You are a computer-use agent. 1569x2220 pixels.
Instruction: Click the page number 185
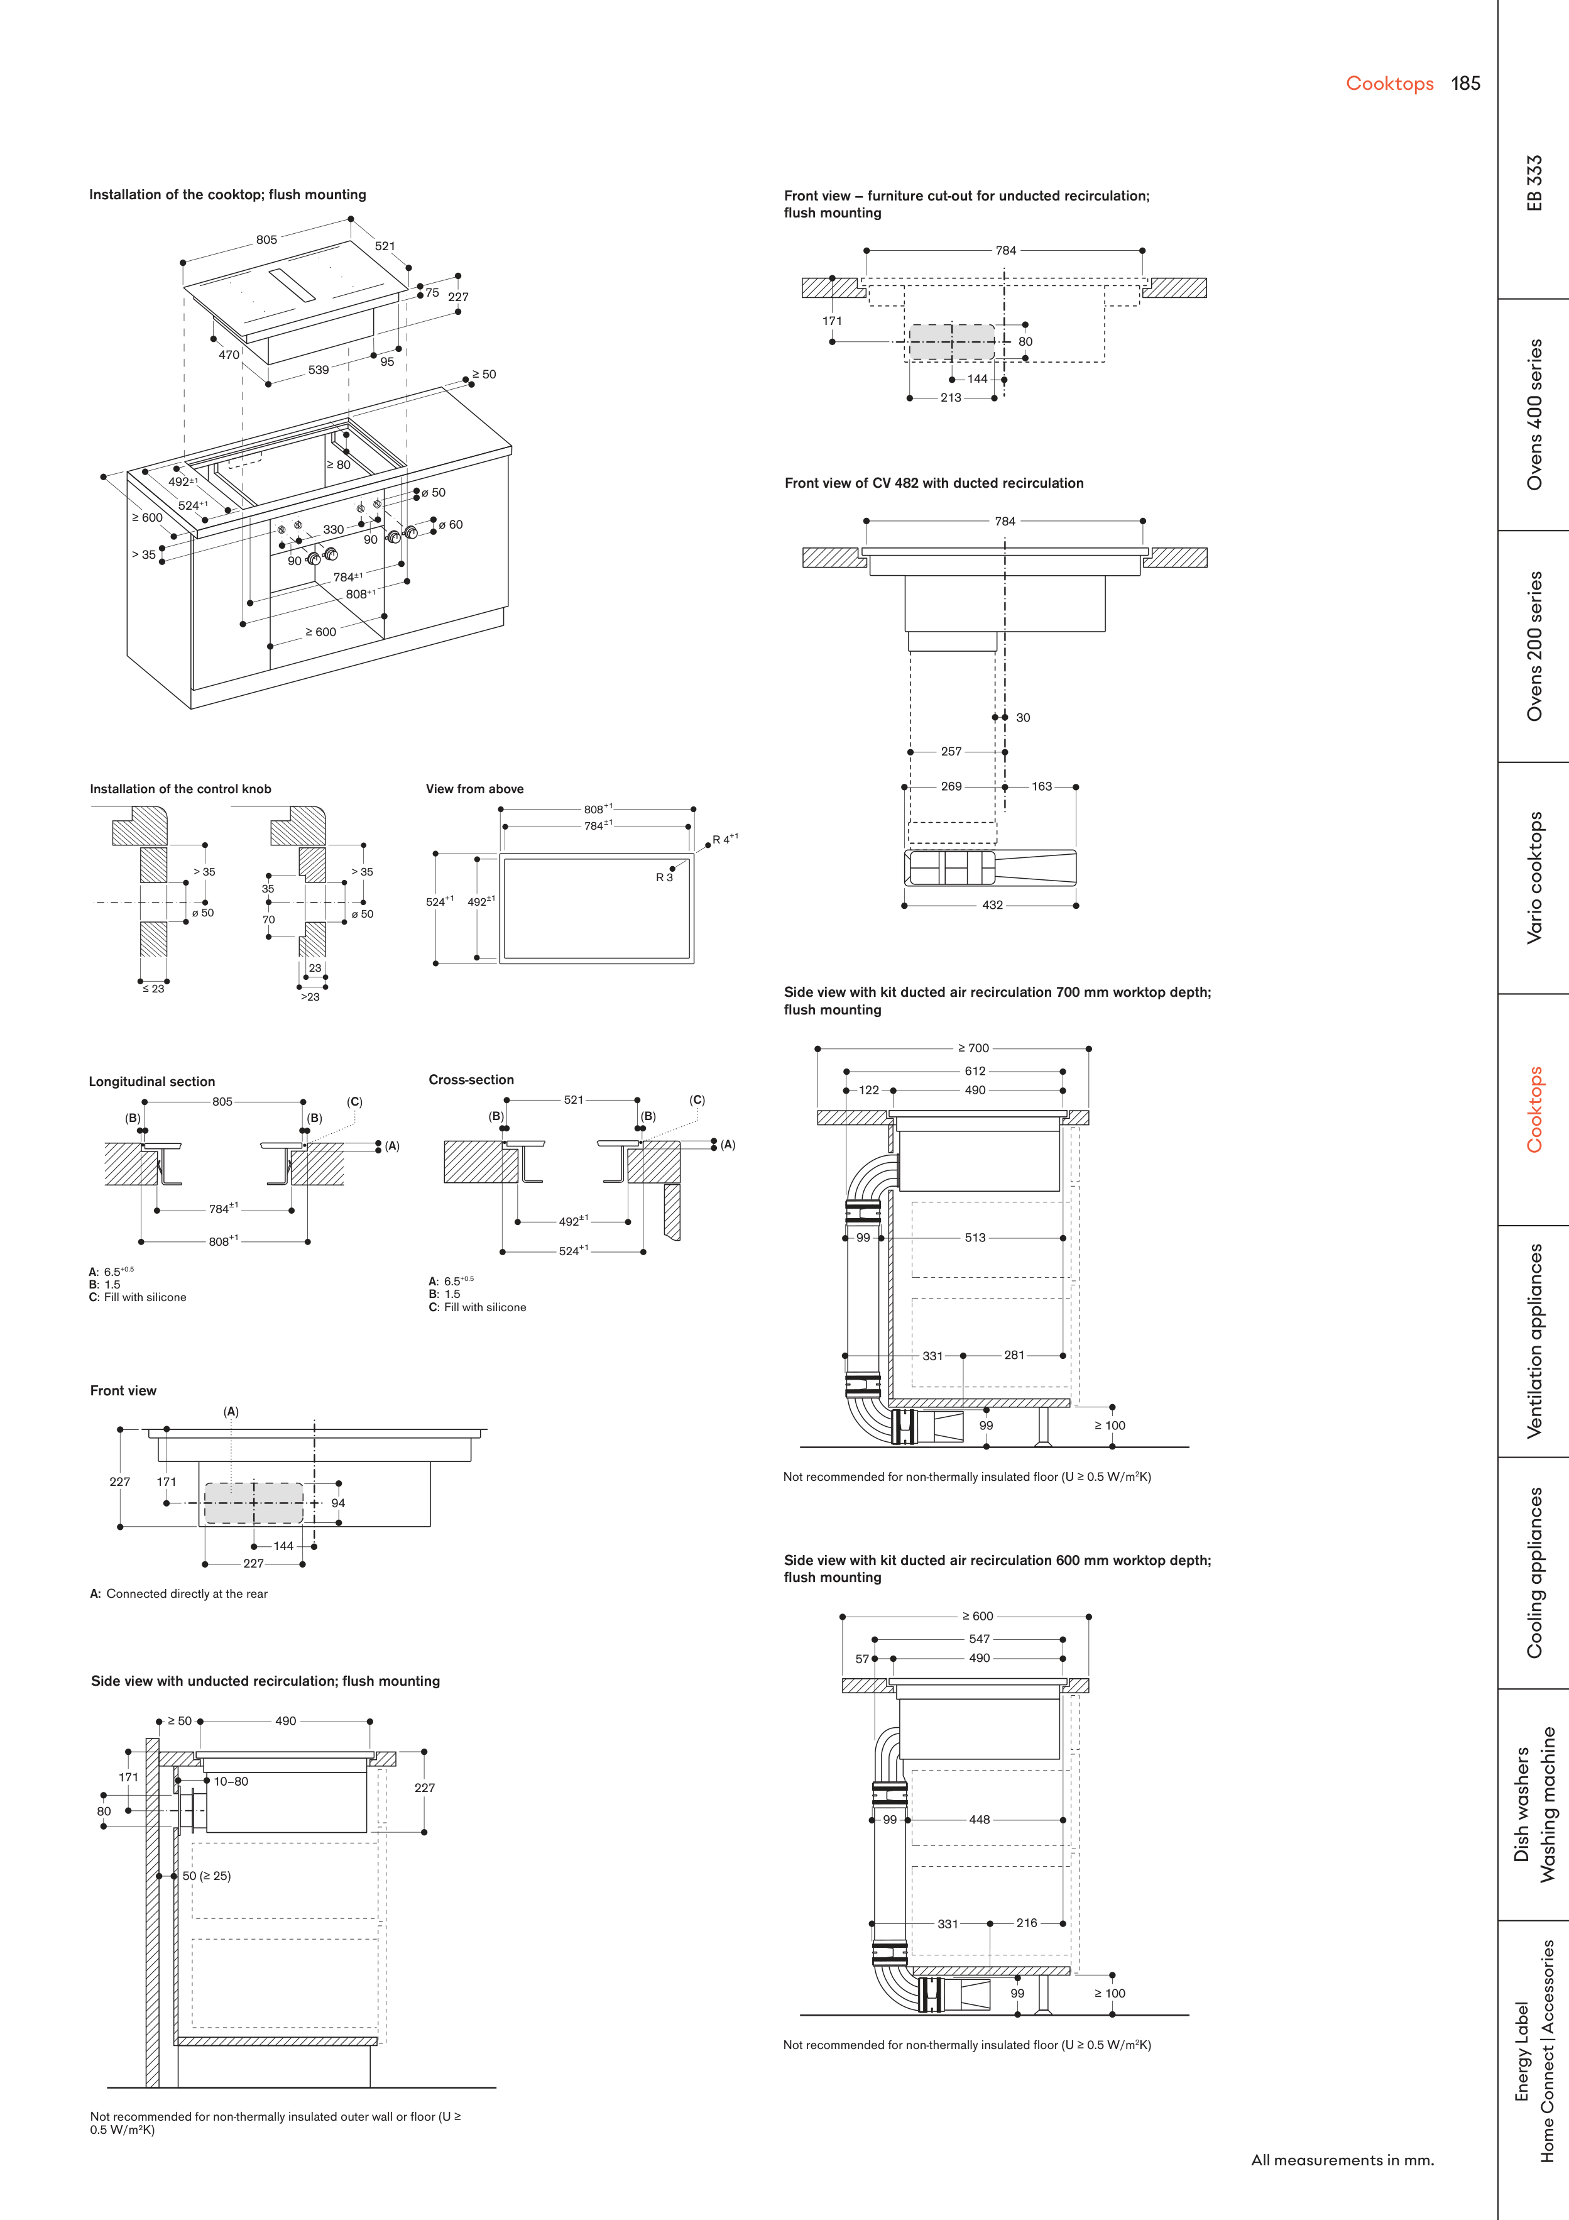pos(1465,84)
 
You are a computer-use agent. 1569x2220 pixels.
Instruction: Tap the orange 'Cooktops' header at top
pos(1389,84)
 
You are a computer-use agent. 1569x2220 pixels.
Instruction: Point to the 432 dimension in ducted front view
pos(992,905)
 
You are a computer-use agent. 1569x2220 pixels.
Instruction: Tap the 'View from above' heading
pos(474,789)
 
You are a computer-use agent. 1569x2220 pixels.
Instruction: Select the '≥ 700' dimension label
pos(973,1048)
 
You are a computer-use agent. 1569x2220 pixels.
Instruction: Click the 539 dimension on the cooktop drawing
pos(318,370)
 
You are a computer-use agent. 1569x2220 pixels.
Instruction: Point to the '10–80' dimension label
pos(231,1781)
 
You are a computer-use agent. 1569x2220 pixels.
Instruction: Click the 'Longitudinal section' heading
pos(152,1082)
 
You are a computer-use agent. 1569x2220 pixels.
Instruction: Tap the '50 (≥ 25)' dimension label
pos(207,1876)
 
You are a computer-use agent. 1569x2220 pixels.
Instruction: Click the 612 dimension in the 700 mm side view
pos(975,1071)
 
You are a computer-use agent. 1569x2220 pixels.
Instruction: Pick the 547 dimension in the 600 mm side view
pos(980,1639)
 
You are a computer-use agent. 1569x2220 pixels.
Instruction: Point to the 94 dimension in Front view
pos(337,1503)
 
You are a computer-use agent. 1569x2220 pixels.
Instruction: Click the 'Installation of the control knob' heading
pos(181,789)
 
